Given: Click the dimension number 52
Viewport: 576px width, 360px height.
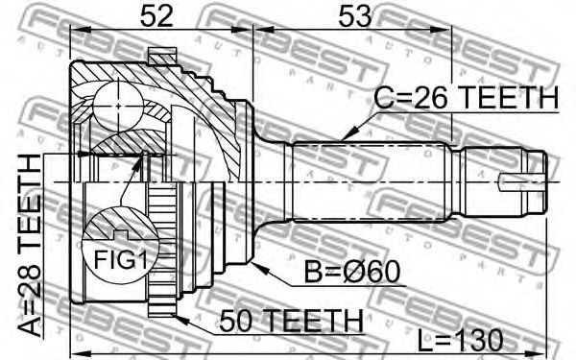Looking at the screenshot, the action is point(156,16).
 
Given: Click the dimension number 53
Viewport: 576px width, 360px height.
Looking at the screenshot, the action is point(355,16).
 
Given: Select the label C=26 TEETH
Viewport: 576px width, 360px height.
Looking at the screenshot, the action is point(467,98).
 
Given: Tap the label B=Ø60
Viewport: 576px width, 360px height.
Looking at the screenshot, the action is point(352,273).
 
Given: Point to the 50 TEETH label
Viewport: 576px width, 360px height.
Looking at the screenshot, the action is point(291,321).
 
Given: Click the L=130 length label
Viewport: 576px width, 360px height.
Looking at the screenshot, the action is point(460,340).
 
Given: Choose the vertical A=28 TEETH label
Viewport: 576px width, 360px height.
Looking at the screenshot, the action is point(30,246).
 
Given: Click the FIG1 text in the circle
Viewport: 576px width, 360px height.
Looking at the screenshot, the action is point(121,260).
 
